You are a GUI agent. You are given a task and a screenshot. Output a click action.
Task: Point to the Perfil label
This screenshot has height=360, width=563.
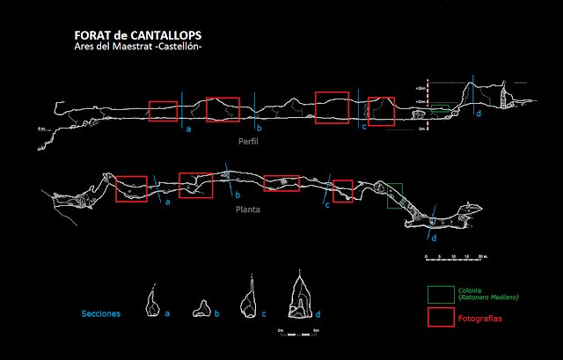coord(249,141)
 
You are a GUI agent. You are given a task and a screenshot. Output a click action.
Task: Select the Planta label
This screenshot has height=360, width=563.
coord(248,211)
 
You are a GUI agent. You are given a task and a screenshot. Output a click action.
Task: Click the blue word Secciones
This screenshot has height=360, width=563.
coord(100,312)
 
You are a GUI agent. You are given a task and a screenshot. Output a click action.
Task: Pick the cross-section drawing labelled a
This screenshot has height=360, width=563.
coord(154,302)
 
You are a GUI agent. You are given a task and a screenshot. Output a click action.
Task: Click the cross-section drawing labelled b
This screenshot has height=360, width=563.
coord(203,307)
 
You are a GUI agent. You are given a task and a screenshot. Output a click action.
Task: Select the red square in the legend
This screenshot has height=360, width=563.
coord(439,318)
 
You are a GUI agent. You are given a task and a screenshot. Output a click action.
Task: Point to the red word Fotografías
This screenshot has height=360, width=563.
coord(480,319)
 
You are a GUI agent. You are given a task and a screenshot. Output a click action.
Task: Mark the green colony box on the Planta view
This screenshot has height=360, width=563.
coord(395,195)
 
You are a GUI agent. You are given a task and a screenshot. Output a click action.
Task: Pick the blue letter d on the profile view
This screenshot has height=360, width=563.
coord(478,114)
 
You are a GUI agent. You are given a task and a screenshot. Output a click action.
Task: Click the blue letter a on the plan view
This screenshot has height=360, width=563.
coord(167,202)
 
